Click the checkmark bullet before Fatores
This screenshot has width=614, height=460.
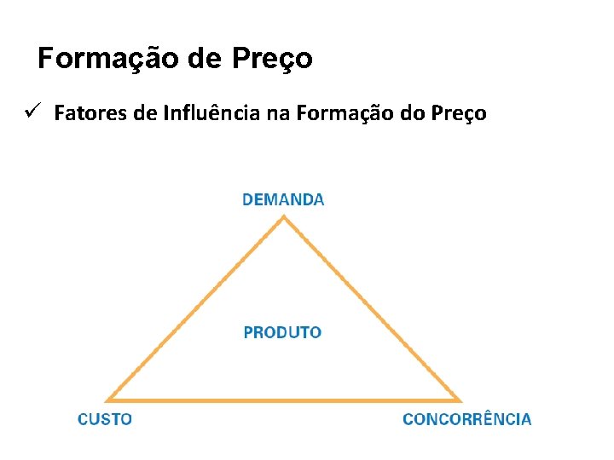[x=33, y=112]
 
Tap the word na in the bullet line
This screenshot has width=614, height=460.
[x=279, y=113]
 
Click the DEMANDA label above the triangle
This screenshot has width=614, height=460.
[x=283, y=200]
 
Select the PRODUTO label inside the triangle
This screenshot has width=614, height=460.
[x=282, y=332]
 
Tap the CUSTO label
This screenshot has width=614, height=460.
[x=104, y=419]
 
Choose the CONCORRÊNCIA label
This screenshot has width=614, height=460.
[x=466, y=419]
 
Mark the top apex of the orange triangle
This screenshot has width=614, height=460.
[x=284, y=217]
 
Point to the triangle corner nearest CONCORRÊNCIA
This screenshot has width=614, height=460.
[x=460, y=400]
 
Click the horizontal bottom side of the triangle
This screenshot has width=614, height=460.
[x=284, y=400]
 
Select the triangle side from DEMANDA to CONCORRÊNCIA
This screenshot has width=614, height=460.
[x=372, y=308]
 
